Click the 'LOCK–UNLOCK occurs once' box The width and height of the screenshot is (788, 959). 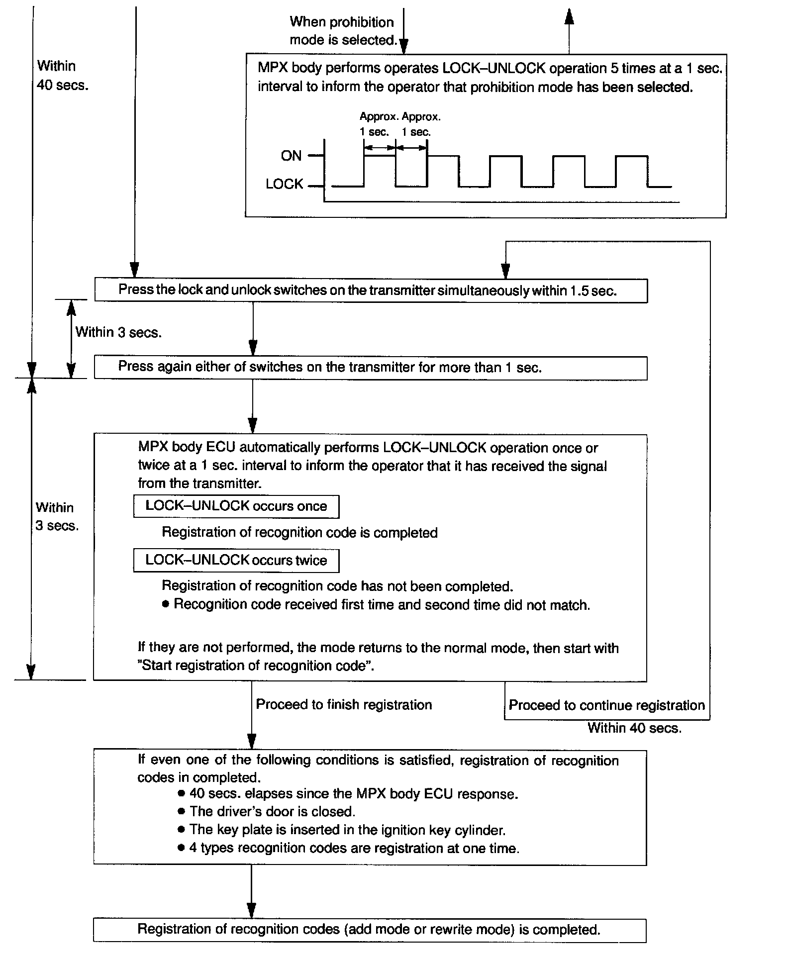pos(236,506)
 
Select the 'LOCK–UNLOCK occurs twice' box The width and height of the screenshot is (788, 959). pos(236,561)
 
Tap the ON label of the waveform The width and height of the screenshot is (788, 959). pos(291,156)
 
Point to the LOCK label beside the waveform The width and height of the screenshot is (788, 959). pos(284,184)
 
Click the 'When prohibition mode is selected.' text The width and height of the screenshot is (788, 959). pos(343,31)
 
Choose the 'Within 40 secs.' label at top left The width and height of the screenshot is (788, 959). pos(62,75)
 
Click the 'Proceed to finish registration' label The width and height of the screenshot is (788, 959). pos(344,705)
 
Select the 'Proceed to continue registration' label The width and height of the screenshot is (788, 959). pos(606,705)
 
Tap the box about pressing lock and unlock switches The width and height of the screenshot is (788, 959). pos(371,291)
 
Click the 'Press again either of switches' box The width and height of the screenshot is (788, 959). pos(371,368)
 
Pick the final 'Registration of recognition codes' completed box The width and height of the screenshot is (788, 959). pos(369,930)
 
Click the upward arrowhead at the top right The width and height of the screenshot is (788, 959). pos(569,17)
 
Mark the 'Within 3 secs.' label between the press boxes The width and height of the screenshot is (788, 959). pos(118,332)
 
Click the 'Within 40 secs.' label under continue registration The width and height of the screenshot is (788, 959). pos(634,728)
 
